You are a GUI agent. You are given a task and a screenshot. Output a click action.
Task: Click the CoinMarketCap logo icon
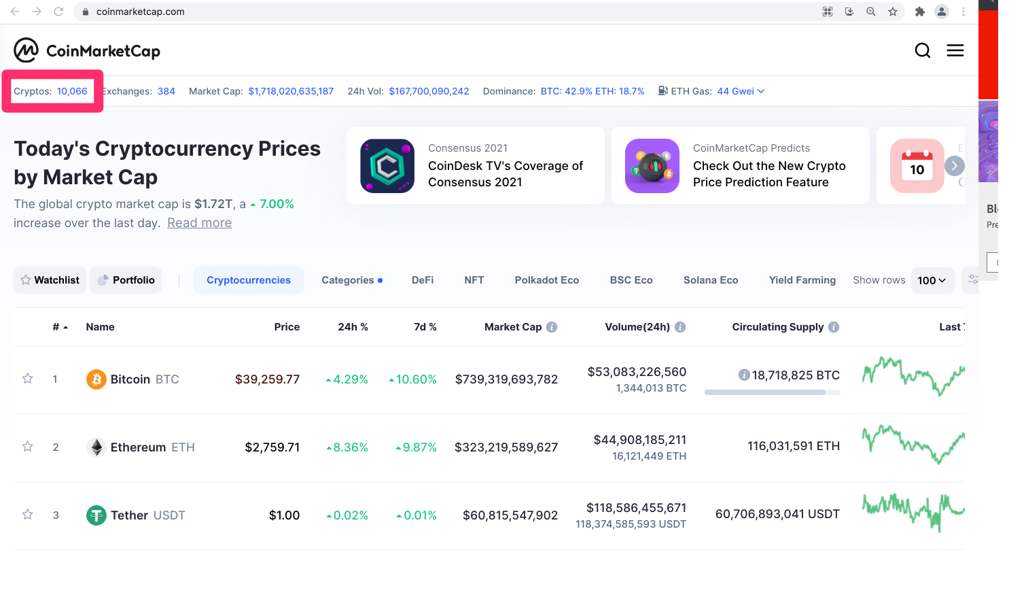26,50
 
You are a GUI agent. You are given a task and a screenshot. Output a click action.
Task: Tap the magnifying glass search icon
923,50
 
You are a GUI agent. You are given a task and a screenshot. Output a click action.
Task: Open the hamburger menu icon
955,50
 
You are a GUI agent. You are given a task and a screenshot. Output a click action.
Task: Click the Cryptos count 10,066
72,91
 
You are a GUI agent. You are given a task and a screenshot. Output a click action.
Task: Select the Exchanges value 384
166,91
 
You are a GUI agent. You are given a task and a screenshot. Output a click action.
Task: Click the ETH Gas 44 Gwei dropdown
741,91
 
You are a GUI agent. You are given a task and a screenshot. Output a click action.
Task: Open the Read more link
199,222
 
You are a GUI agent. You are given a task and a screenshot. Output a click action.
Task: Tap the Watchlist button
50,280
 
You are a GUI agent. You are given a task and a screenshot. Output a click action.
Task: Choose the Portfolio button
126,280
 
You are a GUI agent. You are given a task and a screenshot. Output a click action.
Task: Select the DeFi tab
423,280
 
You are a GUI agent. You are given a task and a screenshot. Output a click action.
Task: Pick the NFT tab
474,280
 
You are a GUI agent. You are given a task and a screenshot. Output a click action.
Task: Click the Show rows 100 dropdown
932,280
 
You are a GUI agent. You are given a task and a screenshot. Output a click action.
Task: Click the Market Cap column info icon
552,327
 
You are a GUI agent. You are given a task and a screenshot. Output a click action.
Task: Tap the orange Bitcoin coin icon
96,379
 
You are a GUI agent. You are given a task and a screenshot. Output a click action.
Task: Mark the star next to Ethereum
27,447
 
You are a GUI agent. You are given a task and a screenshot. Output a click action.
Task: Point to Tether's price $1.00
284,515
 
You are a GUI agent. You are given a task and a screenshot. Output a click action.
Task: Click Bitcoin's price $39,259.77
268,379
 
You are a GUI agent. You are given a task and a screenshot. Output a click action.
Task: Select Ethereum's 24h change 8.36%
347,447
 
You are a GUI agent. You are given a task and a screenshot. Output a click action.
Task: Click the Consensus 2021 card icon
387,166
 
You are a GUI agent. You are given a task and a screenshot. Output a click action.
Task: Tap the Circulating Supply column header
778,327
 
